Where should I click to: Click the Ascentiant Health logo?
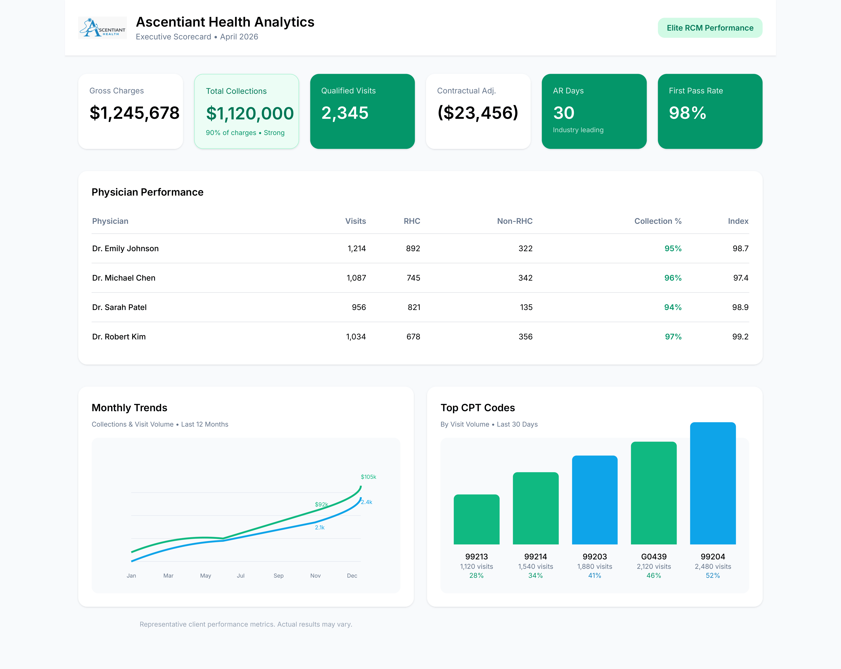102,28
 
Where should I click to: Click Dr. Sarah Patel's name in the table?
119,307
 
